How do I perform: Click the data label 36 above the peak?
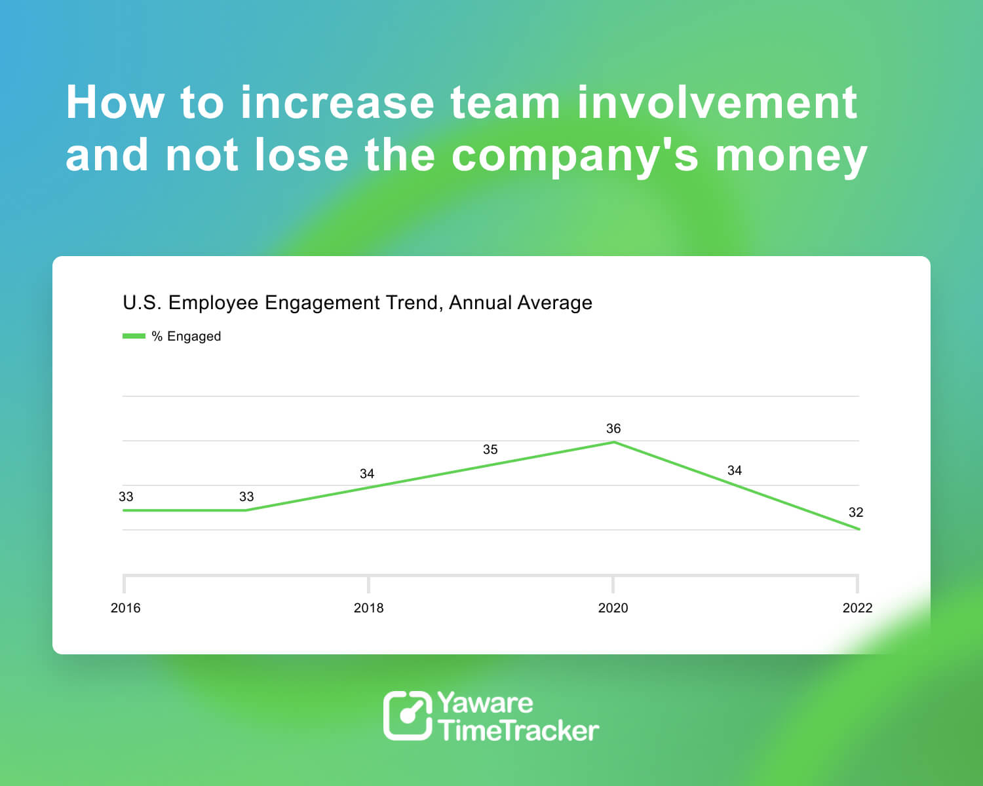point(613,428)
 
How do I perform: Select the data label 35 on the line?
point(490,449)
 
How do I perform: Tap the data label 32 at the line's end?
point(856,512)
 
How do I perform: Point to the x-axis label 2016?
point(125,608)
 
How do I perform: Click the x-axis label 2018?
point(368,608)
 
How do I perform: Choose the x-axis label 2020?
point(613,608)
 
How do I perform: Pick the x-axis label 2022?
point(857,608)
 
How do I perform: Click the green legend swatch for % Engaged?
point(134,336)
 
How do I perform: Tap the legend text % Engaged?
point(186,336)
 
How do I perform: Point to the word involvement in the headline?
point(717,103)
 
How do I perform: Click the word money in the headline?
point(791,156)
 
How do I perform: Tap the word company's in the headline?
point(575,156)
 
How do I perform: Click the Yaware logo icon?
point(408,715)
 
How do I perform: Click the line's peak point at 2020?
point(613,442)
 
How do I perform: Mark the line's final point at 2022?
point(858,529)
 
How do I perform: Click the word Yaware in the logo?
point(485,703)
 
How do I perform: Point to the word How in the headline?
point(115,103)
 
